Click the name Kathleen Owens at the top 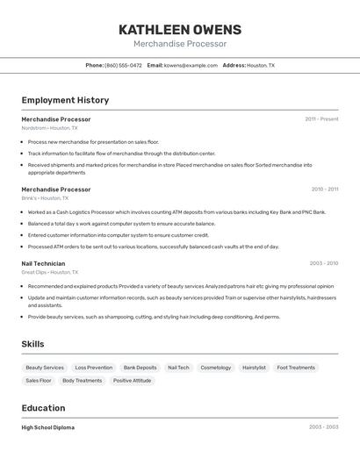[x=180, y=30]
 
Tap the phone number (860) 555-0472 [x=123, y=65]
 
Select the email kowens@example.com [x=191, y=65]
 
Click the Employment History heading [x=65, y=100]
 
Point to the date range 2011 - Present [x=321, y=119]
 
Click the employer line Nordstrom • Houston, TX [x=49, y=128]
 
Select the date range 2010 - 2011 [x=325, y=190]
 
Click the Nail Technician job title [x=43, y=263]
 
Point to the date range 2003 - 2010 [x=324, y=263]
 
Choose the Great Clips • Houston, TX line [x=50, y=272]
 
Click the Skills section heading [x=32, y=344]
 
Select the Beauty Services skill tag [x=45, y=368]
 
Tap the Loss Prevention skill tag [x=94, y=368]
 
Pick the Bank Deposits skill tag [x=140, y=368]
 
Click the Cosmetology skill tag [x=216, y=368]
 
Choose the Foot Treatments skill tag [x=296, y=368]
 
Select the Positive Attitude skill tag [x=133, y=381]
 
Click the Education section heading [x=43, y=408]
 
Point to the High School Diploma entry [x=48, y=427]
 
